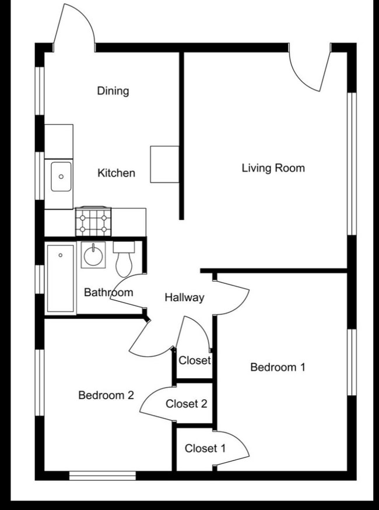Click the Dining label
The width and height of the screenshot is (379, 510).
point(113,91)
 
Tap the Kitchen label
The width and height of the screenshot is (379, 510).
point(116,173)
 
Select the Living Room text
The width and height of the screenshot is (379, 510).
point(273,168)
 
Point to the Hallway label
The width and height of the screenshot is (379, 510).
point(184,298)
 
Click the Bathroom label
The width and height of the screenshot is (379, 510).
point(108,292)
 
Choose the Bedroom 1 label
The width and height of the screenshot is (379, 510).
point(278,367)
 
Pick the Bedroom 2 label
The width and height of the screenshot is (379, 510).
point(106,395)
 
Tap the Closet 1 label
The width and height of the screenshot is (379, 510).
point(205,449)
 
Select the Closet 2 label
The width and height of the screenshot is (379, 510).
point(186,404)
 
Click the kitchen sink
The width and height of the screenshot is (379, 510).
point(61,177)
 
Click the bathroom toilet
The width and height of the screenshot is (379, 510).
point(124,259)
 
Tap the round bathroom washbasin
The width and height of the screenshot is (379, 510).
point(93,255)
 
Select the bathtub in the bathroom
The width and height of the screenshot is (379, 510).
point(61,279)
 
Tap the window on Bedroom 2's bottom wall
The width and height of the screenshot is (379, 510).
point(103,476)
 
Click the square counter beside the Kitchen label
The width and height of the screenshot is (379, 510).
point(164,164)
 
